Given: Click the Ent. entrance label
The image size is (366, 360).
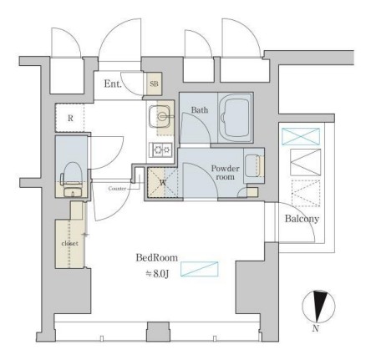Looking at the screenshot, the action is [113, 84].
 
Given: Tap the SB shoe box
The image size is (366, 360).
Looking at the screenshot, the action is [154, 84].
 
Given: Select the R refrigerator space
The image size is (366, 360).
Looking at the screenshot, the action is [70, 118].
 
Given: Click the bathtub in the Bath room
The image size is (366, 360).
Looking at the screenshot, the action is [236, 118].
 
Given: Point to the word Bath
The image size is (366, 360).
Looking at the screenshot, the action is [200, 110].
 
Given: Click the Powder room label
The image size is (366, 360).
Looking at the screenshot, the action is [225, 173].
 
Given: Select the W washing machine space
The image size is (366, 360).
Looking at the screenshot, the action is [163, 183].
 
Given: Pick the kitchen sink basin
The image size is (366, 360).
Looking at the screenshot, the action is [160, 117].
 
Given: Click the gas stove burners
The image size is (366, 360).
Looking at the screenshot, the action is [162, 150].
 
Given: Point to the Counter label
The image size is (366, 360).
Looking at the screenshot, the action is [117, 189].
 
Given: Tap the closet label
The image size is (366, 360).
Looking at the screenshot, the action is [69, 243].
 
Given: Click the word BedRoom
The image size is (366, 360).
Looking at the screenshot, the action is [156, 257].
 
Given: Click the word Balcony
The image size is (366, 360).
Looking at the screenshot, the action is [302, 219].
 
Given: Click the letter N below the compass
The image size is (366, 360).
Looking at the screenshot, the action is [315, 328].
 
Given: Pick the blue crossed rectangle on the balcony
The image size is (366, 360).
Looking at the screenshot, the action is [301, 136].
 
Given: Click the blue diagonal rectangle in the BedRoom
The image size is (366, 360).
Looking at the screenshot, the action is [200, 269].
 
